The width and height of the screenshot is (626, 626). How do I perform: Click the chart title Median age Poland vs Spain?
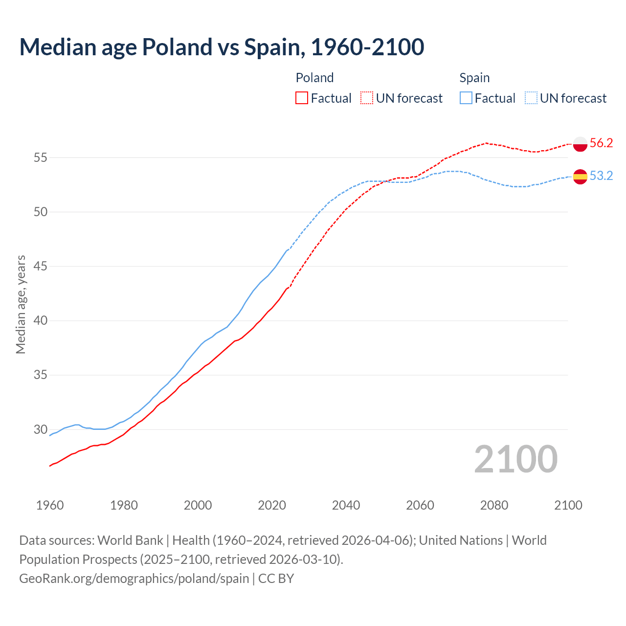pyautogui.click(x=222, y=47)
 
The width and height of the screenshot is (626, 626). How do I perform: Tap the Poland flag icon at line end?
pyautogui.click(x=580, y=144)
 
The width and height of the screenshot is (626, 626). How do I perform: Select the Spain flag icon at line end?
pyautogui.click(x=580, y=176)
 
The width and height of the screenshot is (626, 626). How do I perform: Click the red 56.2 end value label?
pyautogui.click(x=601, y=143)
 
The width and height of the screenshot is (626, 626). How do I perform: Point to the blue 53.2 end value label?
pyautogui.click(x=601, y=176)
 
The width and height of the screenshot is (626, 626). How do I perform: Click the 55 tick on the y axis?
pyautogui.click(x=41, y=157)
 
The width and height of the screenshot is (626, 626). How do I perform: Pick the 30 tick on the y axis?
pyautogui.click(x=41, y=429)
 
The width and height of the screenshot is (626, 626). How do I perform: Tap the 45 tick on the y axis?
pyautogui.click(x=41, y=267)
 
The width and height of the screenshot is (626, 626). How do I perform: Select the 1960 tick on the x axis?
pyautogui.click(x=50, y=505)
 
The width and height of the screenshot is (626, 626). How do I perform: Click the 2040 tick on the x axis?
pyautogui.click(x=346, y=505)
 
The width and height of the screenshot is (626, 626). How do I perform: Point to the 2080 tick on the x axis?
pyautogui.click(x=494, y=505)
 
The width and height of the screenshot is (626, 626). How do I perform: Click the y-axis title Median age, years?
pyautogui.click(x=21, y=304)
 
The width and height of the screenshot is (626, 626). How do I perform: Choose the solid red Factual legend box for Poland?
pyautogui.click(x=302, y=98)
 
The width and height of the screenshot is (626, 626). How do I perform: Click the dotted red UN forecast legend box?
pyautogui.click(x=367, y=98)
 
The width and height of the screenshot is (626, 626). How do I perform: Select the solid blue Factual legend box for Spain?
pyautogui.click(x=466, y=98)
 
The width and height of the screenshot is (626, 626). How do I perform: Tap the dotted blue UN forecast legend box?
pyautogui.click(x=531, y=98)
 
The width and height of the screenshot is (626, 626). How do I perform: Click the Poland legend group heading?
pyautogui.click(x=314, y=78)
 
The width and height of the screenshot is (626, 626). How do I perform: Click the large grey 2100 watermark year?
pyautogui.click(x=515, y=459)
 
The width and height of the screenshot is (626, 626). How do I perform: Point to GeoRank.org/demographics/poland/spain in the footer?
pyautogui.click(x=134, y=578)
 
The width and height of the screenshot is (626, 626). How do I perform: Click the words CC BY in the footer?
pyautogui.click(x=276, y=578)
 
